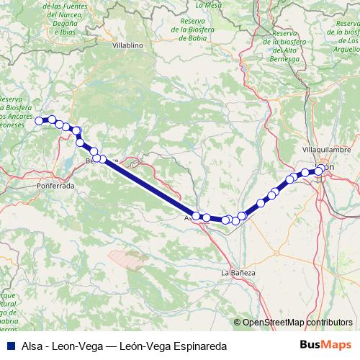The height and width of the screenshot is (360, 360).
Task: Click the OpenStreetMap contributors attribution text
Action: tap(297, 322)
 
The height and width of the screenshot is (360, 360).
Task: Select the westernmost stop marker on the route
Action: tap(40, 120)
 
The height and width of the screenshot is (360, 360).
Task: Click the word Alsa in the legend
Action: tap(32, 346)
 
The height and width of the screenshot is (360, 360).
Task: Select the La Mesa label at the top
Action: tap(213, 4)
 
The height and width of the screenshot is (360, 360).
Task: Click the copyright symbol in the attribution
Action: tap(238, 322)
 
